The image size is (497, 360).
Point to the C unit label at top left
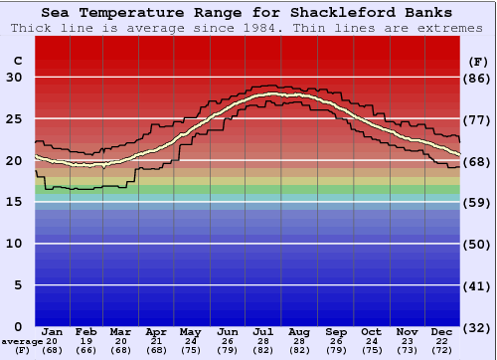(x=17, y=61)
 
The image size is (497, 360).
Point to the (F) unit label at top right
(x=477, y=61)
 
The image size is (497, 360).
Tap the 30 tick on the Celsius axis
(x=14, y=78)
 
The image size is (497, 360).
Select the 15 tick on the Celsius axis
(x=14, y=202)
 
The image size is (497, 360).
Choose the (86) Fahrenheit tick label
(x=477, y=78)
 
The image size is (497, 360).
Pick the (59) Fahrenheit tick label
(x=477, y=202)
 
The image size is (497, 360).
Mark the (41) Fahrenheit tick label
(x=477, y=285)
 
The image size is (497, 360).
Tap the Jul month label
(x=263, y=331)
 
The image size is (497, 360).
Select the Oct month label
(x=371, y=331)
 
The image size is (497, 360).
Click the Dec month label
(x=442, y=331)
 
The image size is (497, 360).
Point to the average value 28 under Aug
(x=299, y=341)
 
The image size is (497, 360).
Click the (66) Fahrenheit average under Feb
(x=86, y=350)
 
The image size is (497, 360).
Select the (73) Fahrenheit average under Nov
(x=407, y=350)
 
